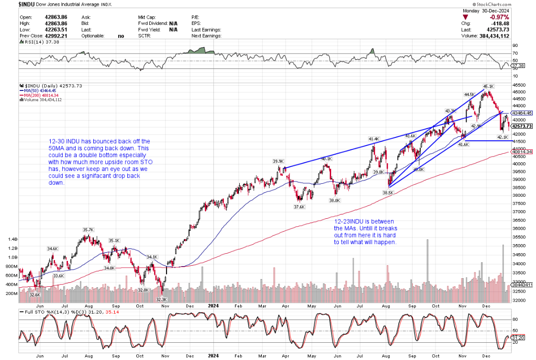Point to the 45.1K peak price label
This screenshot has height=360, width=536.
pos(488,87)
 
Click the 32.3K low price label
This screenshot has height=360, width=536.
pos(162,299)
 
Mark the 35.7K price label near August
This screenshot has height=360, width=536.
pos(88,230)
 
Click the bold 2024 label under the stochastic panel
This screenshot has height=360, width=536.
pos(213,355)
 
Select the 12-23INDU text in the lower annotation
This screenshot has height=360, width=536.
pos(349,222)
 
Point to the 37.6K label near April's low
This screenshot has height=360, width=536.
pos(299,207)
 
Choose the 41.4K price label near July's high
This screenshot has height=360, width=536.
pos(374,139)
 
